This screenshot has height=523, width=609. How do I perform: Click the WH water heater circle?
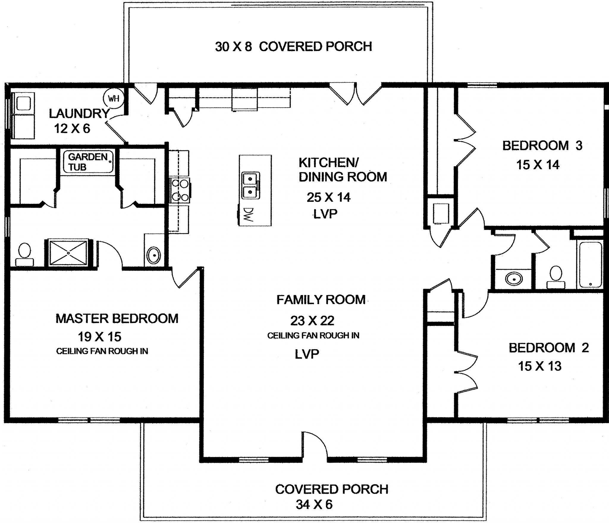tap(114, 98)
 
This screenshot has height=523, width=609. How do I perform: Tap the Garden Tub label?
tap(88, 162)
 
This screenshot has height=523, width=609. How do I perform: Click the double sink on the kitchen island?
tap(251, 186)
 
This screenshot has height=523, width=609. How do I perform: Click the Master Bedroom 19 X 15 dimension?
tap(100, 337)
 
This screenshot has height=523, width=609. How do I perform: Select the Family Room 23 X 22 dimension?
tap(312, 321)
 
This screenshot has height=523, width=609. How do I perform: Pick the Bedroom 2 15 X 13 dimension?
tap(540, 366)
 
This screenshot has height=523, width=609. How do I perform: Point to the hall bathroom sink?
tap(514, 279)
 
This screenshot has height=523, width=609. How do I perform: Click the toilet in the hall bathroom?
tap(555, 276)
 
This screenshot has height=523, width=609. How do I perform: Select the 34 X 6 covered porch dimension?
tap(314, 504)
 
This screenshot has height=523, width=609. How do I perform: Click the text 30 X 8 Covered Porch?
tap(293, 47)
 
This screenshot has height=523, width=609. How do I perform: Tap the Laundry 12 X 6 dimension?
tap(72, 129)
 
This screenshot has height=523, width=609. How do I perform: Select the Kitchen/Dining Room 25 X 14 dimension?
tap(329, 197)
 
